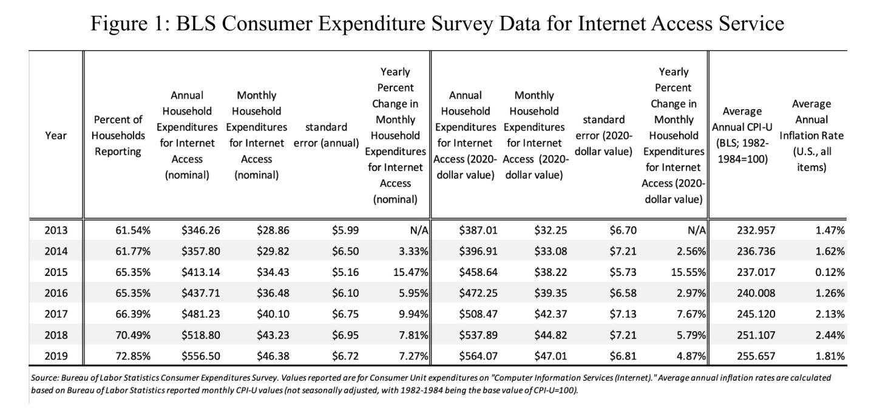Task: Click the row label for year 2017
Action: coord(56,314)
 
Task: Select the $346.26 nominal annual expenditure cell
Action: coord(195,230)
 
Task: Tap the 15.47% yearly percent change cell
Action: coord(411,272)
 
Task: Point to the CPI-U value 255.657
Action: coord(756,356)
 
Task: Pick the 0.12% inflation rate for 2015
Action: coord(830,272)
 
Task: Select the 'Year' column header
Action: coord(56,136)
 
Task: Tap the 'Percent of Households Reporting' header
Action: coord(118,135)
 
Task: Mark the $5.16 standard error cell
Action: coord(345,272)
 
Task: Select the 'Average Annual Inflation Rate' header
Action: coord(811,135)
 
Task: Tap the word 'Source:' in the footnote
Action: coord(44,377)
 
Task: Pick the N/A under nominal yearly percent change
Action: coord(419,230)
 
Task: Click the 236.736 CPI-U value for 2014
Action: coord(756,251)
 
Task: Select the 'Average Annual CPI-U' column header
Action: coord(742,135)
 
